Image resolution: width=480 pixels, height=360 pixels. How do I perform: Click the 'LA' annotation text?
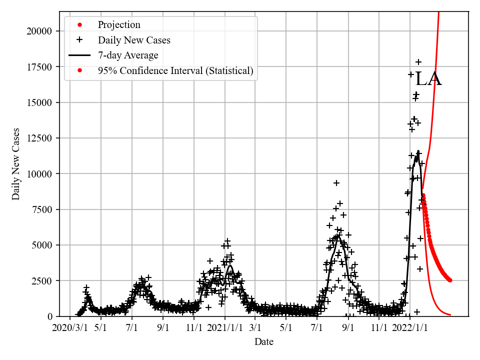point(428,79)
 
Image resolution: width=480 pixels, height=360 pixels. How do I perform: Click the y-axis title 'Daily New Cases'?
point(16,164)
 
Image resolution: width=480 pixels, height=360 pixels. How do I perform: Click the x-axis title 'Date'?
point(263,342)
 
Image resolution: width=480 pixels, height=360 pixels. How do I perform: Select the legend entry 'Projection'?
point(119,25)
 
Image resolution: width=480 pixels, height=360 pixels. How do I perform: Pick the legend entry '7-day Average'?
point(128,55)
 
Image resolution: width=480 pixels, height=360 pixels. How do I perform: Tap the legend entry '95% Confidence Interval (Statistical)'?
point(175,71)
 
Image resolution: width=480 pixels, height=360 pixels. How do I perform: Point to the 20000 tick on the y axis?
point(40,31)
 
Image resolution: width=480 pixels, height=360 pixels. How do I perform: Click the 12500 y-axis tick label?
point(40,138)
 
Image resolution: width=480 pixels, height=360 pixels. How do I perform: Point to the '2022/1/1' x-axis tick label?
point(409,328)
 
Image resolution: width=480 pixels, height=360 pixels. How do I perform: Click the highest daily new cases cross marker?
point(418,62)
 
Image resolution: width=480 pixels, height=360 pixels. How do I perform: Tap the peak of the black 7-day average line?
point(418,151)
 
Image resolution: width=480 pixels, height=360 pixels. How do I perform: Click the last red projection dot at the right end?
point(450,280)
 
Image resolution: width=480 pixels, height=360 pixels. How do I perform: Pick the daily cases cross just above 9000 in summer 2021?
point(336,183)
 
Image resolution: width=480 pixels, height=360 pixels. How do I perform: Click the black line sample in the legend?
point(79,55)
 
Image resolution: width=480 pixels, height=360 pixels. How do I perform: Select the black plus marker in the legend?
point(79,40)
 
